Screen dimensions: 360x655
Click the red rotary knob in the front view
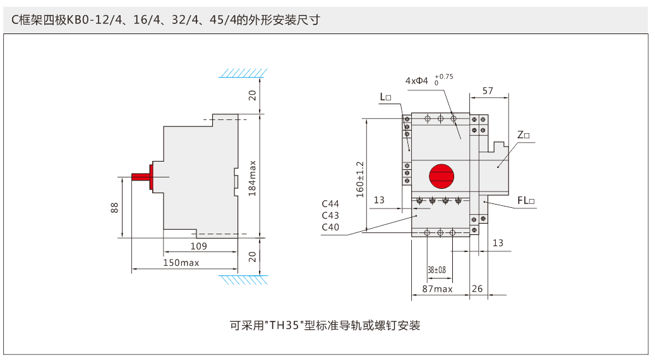[x=442, y=176]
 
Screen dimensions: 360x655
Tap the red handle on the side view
[x=143, y=176]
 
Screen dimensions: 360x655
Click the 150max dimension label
[x=181, y=262]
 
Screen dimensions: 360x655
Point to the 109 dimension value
[x=199, y=246]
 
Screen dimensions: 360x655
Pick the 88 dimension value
[x=114, y=207]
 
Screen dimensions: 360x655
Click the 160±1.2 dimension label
[x=360, y=179]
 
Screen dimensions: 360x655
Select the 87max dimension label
[x=437, y=289]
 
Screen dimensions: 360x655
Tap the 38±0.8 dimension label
[x=436, y=270]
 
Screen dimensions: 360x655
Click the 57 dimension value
[x=488, y=91]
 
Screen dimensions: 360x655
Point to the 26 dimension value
[x=478, y=289]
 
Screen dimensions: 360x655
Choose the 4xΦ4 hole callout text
[x=417, y=81]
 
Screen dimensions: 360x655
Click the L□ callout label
[x=385, y=97]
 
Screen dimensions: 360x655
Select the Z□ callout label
[x=523, y=135]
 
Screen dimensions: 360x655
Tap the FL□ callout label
[x=526, y=201]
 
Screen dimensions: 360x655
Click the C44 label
[x=330, y=204]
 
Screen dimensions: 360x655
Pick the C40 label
[x=330, y=227]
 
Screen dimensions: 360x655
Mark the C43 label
[x=330, y=215]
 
